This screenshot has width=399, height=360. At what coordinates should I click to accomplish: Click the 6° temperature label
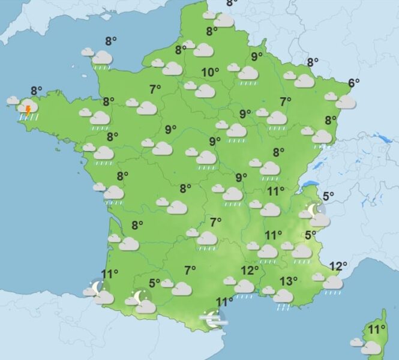(x=353, y=83)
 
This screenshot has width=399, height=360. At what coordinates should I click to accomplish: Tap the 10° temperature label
(x=210, y=73)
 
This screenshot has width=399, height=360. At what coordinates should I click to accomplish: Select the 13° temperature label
(x=289, y=280)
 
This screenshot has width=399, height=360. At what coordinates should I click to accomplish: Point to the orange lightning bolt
(x=28, y=110)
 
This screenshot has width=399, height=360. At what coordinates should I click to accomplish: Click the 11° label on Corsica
(x=376, y=329)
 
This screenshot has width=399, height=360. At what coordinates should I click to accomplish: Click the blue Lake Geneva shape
(x=308, y=185)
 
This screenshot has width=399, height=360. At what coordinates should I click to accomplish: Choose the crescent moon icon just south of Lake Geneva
(x=313, y=210)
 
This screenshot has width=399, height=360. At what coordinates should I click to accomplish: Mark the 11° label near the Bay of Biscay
(x=109, y=275)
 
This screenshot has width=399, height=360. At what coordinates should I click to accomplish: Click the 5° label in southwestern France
(x=154, y=283)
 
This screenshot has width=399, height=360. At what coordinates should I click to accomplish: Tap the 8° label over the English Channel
(x=111, y=41)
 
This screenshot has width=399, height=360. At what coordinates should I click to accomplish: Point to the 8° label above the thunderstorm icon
(x=36, y=91)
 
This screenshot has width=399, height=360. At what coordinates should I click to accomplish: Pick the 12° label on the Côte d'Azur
(x=338, y=266)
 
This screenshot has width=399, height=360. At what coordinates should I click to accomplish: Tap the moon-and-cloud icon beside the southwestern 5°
(x=142, y=302)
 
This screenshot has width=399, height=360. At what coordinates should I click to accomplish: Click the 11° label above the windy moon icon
(x=224, y=302)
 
